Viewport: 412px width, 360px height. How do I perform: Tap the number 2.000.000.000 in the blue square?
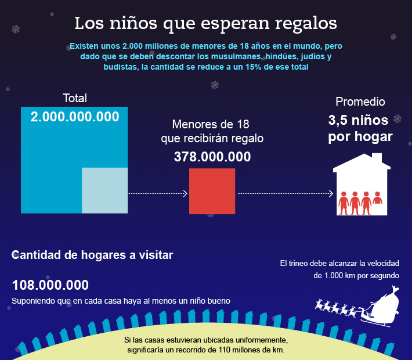click(x=75, y=117)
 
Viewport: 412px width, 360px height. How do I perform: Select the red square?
click(x=212, y=191)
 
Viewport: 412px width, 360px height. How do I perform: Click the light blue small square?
click(x=104, y=190)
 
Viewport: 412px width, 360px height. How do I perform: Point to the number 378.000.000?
click(x=212, y=157)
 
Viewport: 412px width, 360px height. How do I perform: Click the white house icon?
click(x=360, y=186)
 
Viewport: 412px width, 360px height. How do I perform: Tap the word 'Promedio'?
click(x=360, y=102)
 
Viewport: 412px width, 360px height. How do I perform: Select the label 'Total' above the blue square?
click(x=74, y=98)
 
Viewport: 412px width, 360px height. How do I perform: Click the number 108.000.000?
click(x=50, y=285)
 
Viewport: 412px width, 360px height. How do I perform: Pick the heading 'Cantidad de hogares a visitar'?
click(x=92, y=254)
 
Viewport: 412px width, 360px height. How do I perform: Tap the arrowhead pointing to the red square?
click(x=185, y=193)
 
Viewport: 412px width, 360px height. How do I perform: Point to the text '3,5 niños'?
click(x=360, y=121)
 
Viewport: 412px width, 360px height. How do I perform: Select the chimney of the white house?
click(x=377, y=158)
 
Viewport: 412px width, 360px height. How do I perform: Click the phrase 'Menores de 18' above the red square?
click(x=211, y=125)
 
